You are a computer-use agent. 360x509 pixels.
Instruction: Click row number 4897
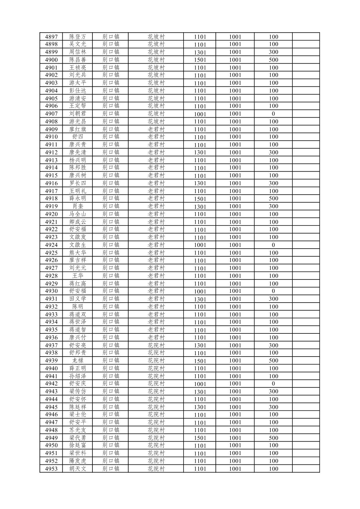pos(51,37)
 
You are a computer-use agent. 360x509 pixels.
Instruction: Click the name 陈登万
pos(78,37)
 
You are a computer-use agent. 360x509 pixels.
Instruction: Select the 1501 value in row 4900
pos(200,60)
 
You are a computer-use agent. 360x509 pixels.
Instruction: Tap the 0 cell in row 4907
pos(273,114)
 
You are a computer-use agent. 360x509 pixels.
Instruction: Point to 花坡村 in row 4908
pos(156,122)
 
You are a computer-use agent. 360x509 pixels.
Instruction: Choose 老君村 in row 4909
pos(156,129)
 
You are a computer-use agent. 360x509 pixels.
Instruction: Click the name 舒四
pos(78,137)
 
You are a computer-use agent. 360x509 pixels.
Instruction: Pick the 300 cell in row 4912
pos(273,152)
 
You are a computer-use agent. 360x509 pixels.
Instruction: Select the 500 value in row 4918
pos(273,198)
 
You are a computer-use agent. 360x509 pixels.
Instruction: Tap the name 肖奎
pos(78,206)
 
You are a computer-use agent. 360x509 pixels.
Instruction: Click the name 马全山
pos(78,214)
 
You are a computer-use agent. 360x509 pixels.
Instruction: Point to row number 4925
pos(51,253)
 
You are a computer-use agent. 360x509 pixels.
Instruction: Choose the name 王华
pos(78,276)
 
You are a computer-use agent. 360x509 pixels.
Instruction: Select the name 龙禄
pos(78,361)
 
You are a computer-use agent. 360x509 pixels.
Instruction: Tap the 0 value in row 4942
pos(273,384)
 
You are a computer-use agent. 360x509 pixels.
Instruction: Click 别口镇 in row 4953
pos(111,469)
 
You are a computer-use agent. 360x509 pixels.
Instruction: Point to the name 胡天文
pos(78,469)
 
